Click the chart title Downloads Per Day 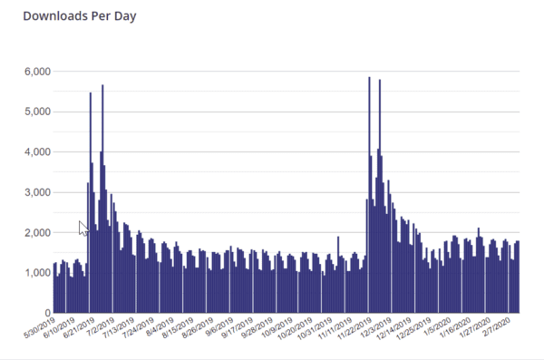79,16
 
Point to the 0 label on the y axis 45,314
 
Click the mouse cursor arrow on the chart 83,228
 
